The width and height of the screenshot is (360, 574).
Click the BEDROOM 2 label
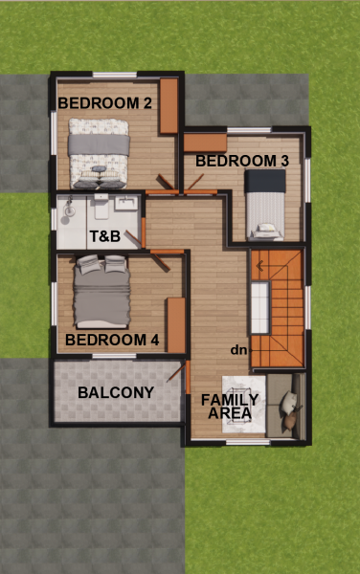[x=104, y=103]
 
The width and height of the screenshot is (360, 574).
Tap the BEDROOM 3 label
[x=242, y=161]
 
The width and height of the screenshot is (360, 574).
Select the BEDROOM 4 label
[x=112, y=340]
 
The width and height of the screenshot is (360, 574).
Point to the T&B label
[x=104, y=236]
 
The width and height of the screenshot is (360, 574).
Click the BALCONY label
[x=116, y=392]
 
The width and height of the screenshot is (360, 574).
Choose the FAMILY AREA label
[x=230, y=407]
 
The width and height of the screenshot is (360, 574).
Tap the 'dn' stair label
[x=238, y=350]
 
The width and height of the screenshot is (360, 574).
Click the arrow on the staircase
[x=260, y=266]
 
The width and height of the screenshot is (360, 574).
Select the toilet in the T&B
[x=101, y=207]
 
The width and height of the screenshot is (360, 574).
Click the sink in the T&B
[x=126, y=203]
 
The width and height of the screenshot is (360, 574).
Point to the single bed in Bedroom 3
[x=265, y=205]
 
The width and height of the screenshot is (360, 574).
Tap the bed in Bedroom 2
[x=99, y=153]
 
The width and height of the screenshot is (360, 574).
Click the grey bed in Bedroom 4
[x=101, y=292]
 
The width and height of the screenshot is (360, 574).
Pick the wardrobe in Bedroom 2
[x=169, y=106]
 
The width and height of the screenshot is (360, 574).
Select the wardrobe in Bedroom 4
[x=176, y=325]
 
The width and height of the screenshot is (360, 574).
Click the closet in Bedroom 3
[x=205, y=143]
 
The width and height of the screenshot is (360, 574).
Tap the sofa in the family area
[x=286, y=406]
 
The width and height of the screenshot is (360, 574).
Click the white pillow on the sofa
[x=288, y=403]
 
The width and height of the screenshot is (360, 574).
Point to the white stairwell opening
[x=260, y=307]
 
